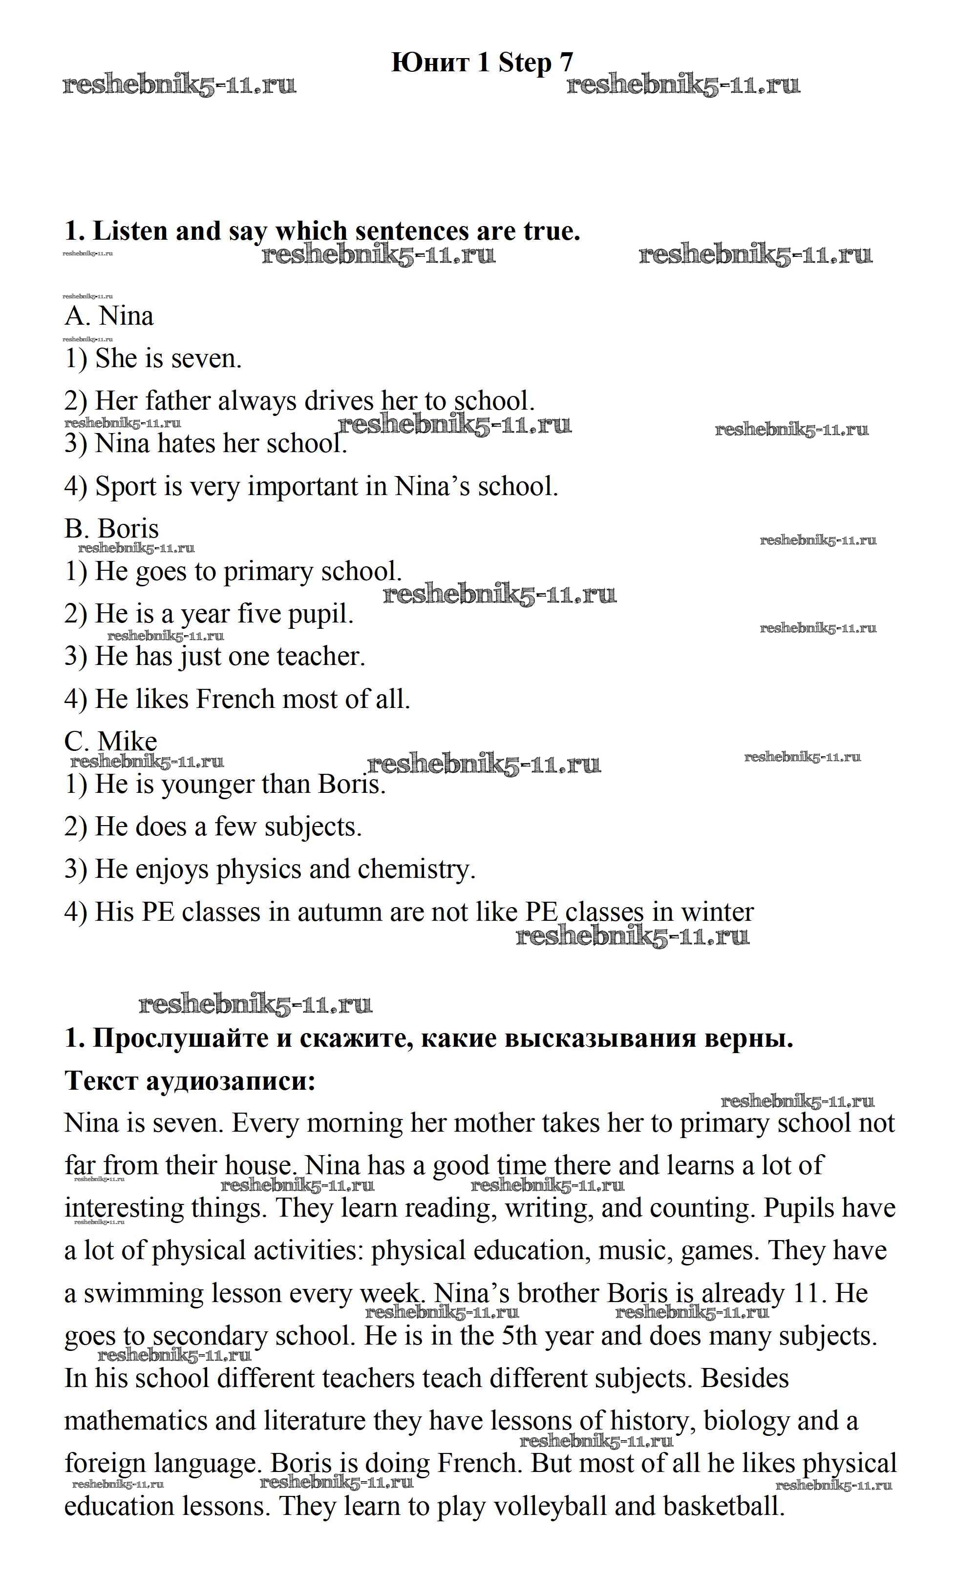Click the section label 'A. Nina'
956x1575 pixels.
[x=109, y=316]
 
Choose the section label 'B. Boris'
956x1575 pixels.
[x=111, y=529]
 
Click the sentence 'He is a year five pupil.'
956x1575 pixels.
[x=209, y=614]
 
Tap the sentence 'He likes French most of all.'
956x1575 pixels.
[x=237, y=699]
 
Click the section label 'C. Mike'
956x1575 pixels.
[x=110, y=742]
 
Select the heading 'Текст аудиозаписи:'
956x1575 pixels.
[x=190, y=1081]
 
